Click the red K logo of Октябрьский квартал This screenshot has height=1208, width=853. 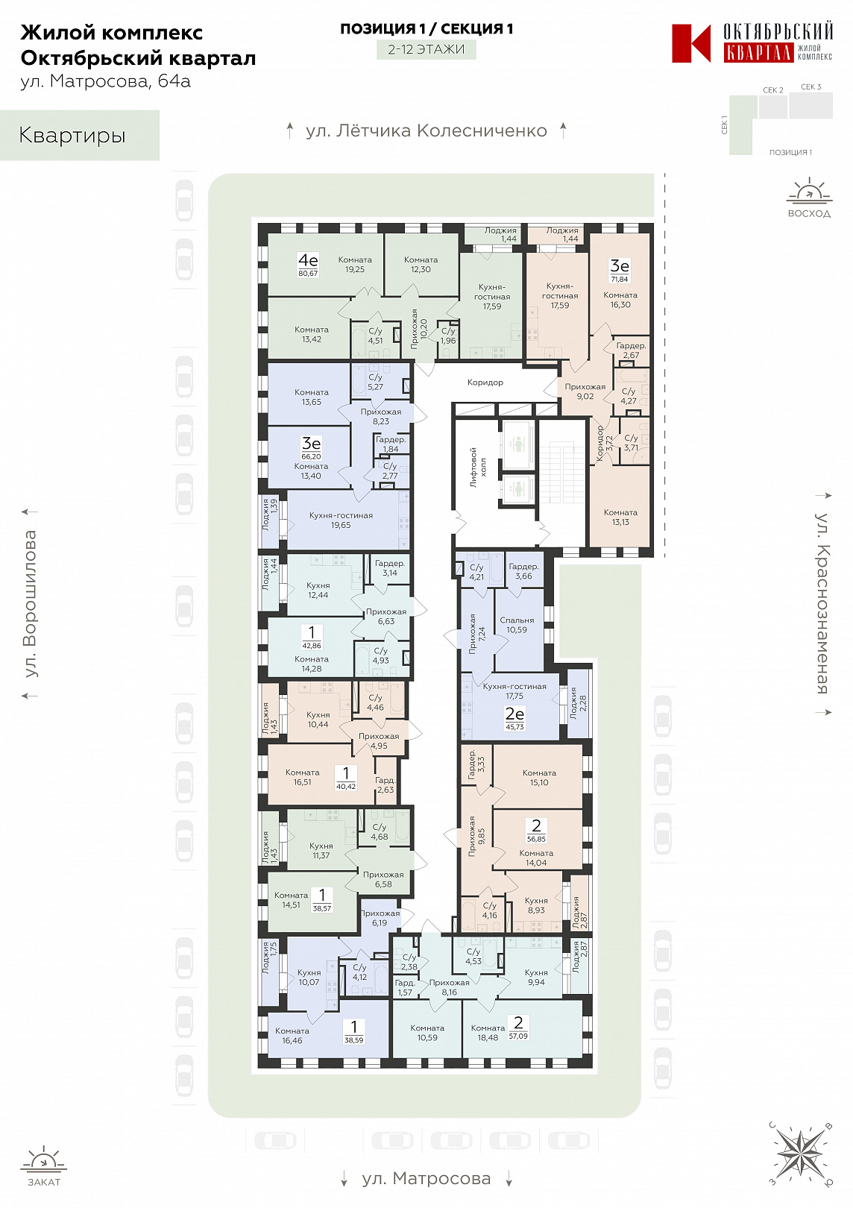click(x=690, y=43)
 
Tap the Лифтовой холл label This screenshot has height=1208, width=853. click(x=478, y=467)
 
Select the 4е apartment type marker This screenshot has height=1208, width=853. click(x=309, y=260)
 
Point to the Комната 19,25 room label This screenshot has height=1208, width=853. click(x=355, y=264)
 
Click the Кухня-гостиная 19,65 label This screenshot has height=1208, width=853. click(x=341, y=520)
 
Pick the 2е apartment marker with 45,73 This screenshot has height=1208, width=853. click(x=514, y=718)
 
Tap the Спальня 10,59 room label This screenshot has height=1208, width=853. click(x=517, y=625)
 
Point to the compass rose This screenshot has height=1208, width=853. click(x=801, y=1153)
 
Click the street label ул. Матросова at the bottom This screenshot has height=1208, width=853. click(x=426, y=1179)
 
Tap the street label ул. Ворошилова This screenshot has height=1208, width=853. click(x=30, y=603)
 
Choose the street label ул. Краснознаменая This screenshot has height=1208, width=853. click(x=822, y=603)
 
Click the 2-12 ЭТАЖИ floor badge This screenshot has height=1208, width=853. click(x=426, y=49)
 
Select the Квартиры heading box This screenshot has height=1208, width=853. click(x=79, y=135)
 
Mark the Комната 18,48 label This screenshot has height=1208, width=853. click(x=488, y=1033)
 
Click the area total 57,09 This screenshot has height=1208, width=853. click(x=518, y=1036)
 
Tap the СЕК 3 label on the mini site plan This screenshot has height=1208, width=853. click(x=811, y=86)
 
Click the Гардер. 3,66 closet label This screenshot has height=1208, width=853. click(x=523, y=571)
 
